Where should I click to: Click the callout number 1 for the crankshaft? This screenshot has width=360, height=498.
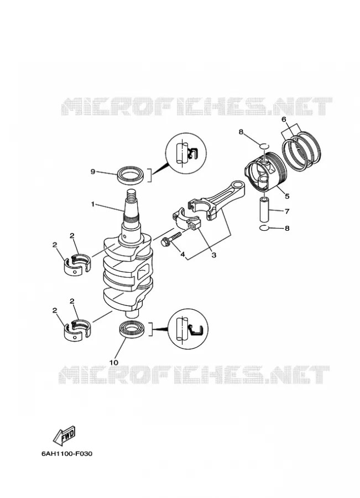coord(93,204)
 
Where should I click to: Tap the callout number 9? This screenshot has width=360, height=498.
coord(93,172)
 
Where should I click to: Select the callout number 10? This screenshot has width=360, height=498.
coord(114,362)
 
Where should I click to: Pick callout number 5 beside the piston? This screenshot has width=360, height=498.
coord(287,196)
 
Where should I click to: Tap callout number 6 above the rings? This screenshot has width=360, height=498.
coord(284,120)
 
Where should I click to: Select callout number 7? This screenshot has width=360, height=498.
coord(287,211)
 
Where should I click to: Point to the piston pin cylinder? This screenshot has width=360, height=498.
coord(265,210)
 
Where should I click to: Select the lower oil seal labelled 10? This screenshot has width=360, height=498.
coord(132,328)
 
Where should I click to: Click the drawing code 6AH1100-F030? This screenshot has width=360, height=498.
coord(67,454)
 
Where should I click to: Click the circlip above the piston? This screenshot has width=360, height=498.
coord(264,146)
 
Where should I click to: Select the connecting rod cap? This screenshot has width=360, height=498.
coord(187,217)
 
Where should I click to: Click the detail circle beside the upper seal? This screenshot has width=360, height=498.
coord(186,153)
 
